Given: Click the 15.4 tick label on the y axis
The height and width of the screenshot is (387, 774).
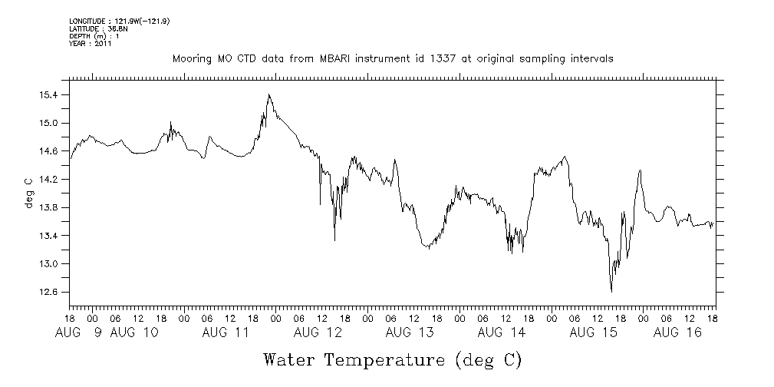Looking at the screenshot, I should click(x=48, y=95).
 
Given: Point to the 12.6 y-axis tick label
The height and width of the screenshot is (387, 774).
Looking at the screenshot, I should click(x=48, y=292).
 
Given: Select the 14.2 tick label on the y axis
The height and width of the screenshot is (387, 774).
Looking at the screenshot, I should click(x=48, y=180).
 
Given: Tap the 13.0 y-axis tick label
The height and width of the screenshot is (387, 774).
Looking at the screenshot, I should click(x=48, y=264).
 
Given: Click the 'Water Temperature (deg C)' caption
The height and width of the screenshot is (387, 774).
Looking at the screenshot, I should click(x=392, y=359).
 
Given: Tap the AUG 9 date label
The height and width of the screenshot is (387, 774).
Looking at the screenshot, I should click(x=80, y=332).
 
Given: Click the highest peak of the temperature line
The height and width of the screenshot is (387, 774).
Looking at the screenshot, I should click(x=268, y=94).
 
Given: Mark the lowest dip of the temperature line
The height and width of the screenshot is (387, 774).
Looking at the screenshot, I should click(x=611, y=291).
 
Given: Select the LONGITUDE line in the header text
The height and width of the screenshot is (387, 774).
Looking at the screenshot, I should click(x=118, y=21).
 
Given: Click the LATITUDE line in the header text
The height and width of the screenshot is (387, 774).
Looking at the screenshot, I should click(x=93, y=28).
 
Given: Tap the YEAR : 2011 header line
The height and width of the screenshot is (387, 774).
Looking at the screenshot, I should click(x=91, y=44).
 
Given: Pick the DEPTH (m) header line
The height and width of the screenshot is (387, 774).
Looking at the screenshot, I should click(x=94, y=36).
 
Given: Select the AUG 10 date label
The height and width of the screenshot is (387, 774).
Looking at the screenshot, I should click(x=134, y=332).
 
